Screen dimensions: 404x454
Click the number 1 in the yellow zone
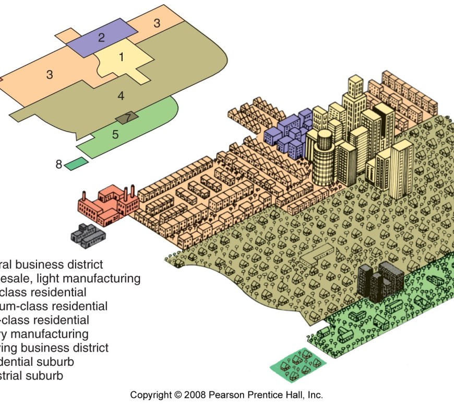coord(122,57)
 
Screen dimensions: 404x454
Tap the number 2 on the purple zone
coord(101,37)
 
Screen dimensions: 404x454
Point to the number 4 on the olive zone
coord(121,96)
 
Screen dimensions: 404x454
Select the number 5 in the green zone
coord(115,134)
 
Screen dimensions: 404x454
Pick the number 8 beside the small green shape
coord(59,165)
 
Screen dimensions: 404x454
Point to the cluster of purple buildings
coord(289,134)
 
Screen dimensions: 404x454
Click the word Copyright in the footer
coord(152,395)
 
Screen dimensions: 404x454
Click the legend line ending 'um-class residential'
coord(52,306)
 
